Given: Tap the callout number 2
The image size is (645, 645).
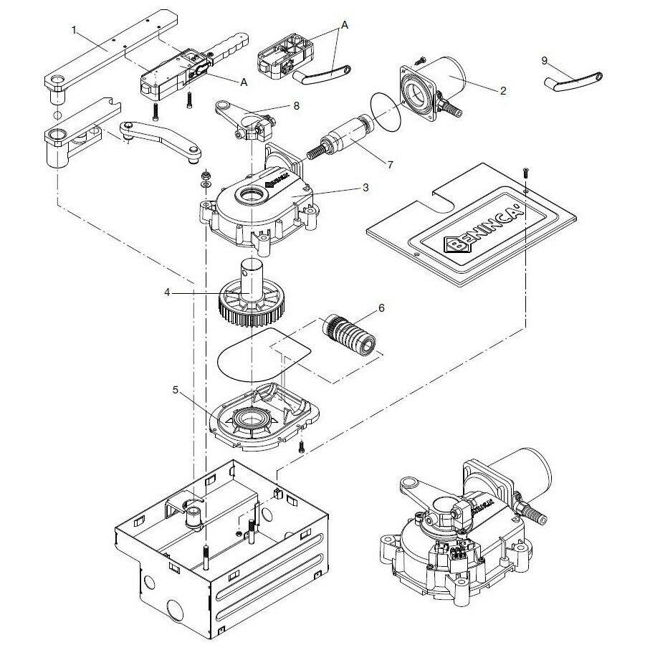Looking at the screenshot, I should (x=503, y=90).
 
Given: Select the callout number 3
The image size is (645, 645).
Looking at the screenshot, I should (x=365, y=188).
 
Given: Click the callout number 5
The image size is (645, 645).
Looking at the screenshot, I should (x=175, y=390).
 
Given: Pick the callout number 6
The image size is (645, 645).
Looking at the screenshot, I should (x=381, y=308).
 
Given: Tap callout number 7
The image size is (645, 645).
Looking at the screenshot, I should (x=390, y=164).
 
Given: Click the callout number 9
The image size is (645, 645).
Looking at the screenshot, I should (x=544, y=60).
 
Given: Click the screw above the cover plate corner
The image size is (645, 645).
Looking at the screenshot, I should (x=525, y=172).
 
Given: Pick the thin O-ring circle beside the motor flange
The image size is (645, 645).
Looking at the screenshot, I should (x=388, y=110).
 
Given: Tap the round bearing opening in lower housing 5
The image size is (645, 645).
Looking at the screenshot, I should (x=252, y=417).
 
